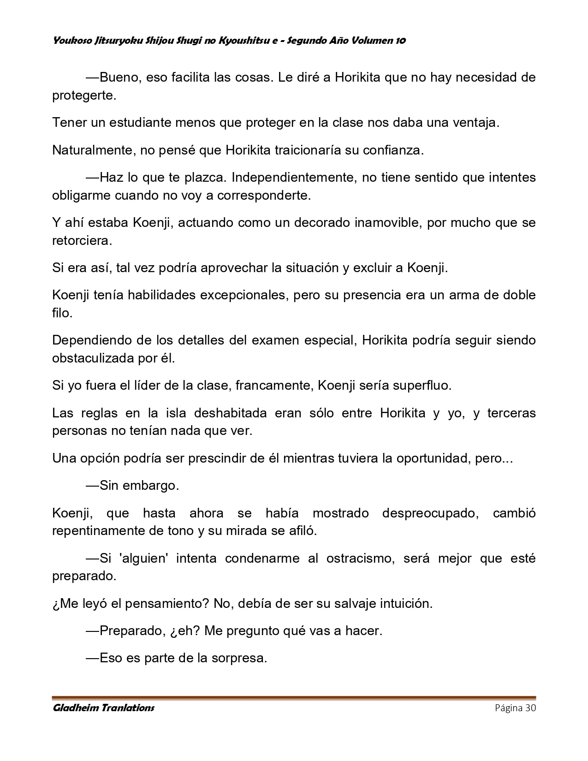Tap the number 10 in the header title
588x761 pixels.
[400, 41]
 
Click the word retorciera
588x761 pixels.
[82, 241]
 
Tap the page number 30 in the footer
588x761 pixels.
[530, 708]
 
